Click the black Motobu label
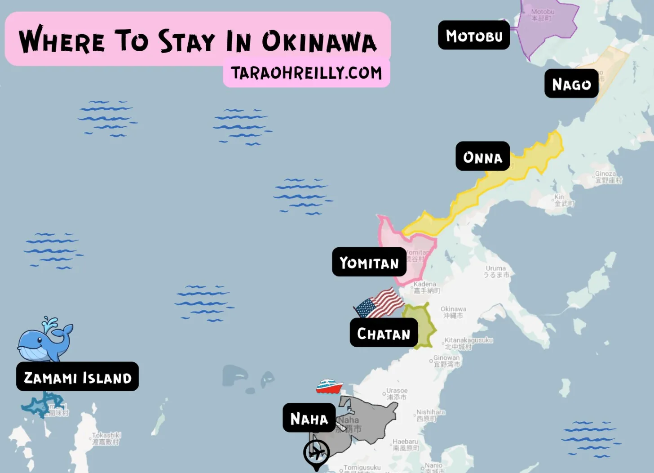[474, 35]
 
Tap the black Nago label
[571, 84]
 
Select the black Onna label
[482, 156]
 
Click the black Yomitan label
[369, 262]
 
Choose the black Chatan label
[384, 333]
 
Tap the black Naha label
[309, 418]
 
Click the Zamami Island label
[77, 377]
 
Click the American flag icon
[380, 303]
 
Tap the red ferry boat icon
[329, 387]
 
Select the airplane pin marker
[316, 453]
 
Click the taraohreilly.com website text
[306, 73]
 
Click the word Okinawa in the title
[319, 41]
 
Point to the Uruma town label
[496, 271]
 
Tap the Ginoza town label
[607, 177]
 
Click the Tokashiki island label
[106, 438]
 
